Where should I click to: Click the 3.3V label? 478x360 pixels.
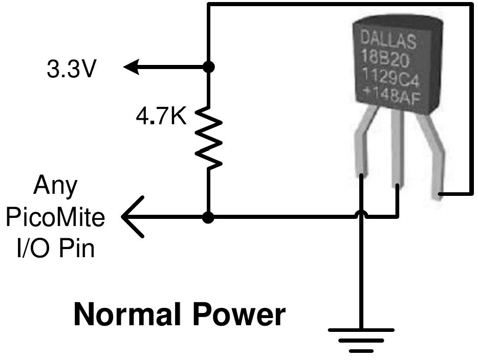click(71, 70)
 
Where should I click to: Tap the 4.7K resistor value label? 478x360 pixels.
click(160, 117)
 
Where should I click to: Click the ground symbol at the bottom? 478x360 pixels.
click(361, 339)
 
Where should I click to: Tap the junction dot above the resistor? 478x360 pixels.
click(208, 66)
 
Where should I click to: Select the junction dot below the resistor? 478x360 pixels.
click(208, 217)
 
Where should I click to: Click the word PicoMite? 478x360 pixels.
click(55, 217)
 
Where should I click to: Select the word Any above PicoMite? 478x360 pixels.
click(55, 186)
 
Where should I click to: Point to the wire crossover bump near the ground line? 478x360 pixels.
click(361, 215)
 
